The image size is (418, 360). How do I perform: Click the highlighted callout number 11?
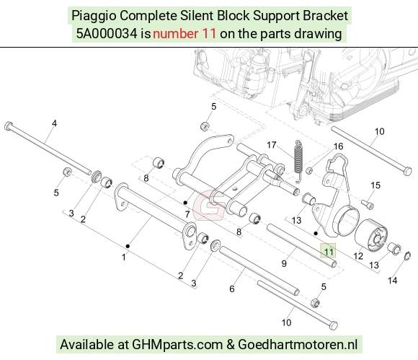328,252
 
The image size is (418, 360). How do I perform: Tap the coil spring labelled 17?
299,162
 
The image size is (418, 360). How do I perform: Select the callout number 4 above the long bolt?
54,123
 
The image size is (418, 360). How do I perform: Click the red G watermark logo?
209,205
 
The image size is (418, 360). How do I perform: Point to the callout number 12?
358,256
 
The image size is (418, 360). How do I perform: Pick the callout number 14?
392,281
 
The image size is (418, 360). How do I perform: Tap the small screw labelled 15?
368,205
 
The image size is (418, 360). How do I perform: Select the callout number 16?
338,146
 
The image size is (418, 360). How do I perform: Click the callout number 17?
272,145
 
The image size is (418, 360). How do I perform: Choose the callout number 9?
284,263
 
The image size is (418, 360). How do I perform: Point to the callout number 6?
232,289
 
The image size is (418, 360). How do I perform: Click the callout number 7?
187,214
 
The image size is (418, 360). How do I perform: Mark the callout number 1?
124,258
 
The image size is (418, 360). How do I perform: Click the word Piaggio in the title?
94,16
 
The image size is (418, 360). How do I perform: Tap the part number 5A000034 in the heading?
107,34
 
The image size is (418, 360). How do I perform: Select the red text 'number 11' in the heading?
184,34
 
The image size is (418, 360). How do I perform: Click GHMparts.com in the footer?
177,345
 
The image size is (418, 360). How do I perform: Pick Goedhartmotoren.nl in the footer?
298,345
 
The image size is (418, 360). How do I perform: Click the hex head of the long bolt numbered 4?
9,126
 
